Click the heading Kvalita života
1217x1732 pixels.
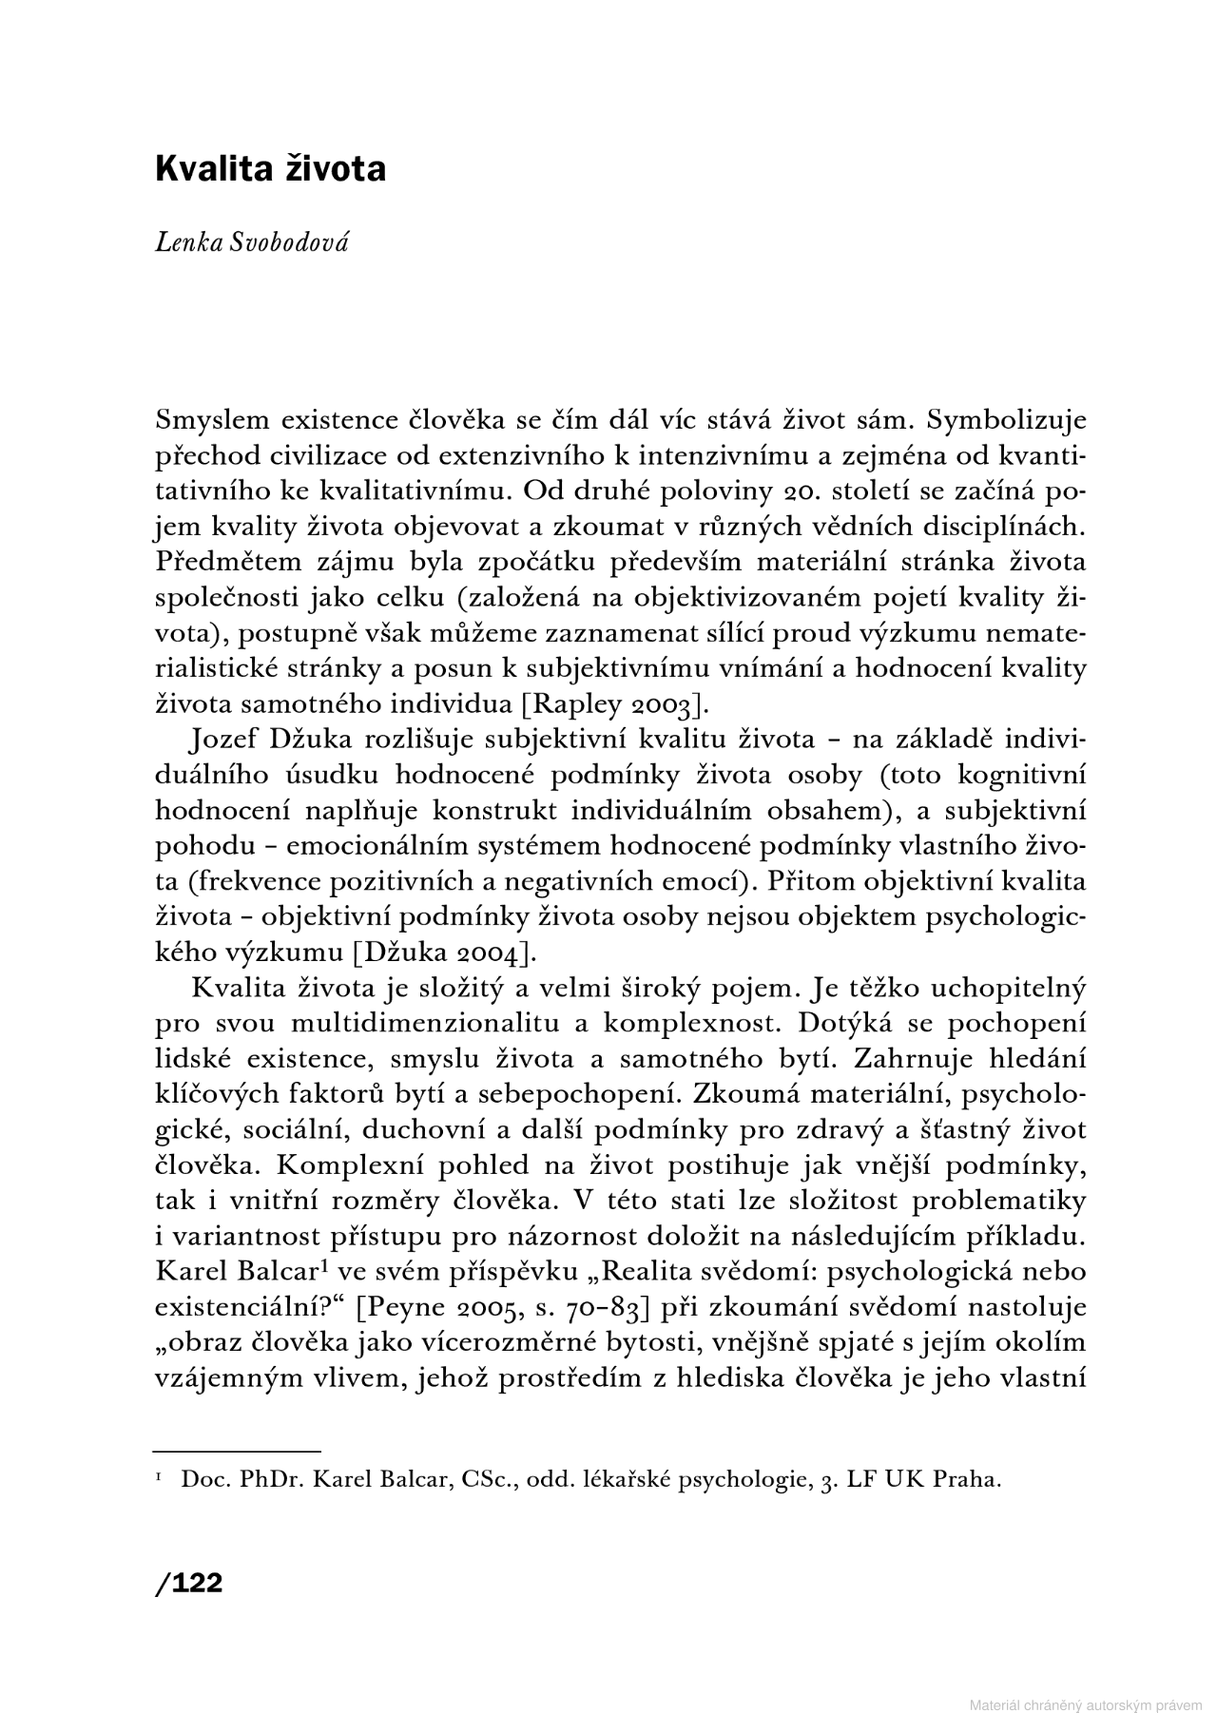click(x=270, y=169)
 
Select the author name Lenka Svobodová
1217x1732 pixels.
click(x=252, y=242)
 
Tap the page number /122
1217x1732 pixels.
click(x=188, y=1583)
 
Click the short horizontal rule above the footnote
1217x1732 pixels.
click(x=237, y=1452)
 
